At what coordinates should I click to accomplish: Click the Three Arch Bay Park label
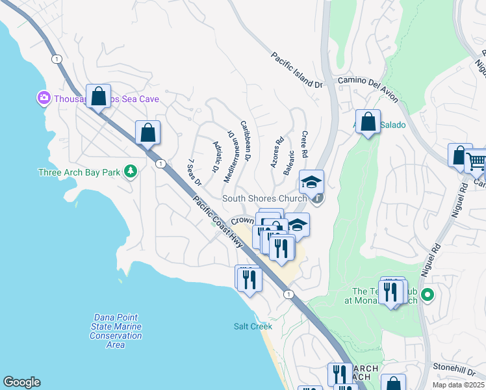pyautogui.click(x=79, y=172)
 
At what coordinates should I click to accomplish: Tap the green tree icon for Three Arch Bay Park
pyautogui.click(x=131, y=171)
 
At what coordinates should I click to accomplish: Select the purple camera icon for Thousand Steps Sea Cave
pyautogui.click(x=44, y=98)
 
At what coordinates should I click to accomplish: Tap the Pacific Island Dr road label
pyautogui.click(x=296, y=71)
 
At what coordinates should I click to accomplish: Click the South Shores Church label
pyautogui.click(x=264, y=198)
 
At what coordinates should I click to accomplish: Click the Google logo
pyautogui.click(x=21, y=382)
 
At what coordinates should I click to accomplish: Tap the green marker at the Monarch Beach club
pyautogui.click(x=427, y=295)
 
